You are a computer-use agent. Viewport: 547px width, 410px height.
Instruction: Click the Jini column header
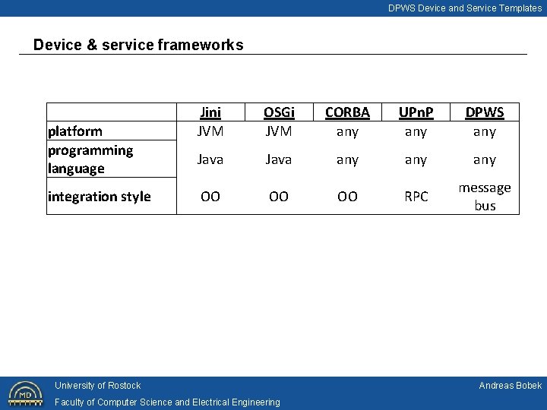pos(210,112)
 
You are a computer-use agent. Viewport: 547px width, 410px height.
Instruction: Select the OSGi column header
pos(279,112)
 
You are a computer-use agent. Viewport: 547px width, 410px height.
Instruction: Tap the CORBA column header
pos(347,112)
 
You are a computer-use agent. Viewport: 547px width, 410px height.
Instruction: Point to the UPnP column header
pos(416,112)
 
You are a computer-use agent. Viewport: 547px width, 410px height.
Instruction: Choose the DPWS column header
pos(484,112)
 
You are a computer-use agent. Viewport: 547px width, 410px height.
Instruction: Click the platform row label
pos(75,131)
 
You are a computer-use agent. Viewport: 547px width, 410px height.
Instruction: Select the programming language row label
pos(90,159)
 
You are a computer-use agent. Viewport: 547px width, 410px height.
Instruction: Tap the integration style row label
pos(100,197)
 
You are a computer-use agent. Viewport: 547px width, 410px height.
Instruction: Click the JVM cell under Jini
pos(210,131)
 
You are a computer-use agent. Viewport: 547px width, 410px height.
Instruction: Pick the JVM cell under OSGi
pos(279,131)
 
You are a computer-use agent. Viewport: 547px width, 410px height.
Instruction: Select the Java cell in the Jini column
pos(210,159)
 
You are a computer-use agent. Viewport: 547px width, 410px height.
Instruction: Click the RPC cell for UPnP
pos(416,197)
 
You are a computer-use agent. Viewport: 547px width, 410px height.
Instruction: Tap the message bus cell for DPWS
pos(484,197)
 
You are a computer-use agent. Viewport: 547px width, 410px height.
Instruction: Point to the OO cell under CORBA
pos(347,197)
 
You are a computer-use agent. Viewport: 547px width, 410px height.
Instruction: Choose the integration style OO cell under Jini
pos(210,197)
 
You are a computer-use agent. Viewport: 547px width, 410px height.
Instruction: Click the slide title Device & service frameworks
pos(138,45)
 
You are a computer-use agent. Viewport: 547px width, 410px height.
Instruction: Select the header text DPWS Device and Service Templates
pos(465,8)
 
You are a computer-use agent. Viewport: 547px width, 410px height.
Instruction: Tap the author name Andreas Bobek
pos(510,386)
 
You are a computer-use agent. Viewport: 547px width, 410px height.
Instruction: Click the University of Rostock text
pos(97,386)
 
